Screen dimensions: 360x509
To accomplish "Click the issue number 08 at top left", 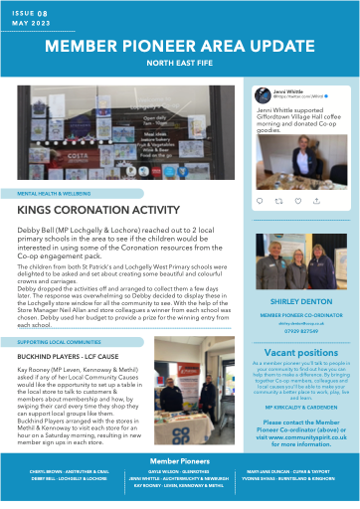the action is point(40,14).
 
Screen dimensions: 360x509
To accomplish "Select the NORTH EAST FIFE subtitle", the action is point(180,67).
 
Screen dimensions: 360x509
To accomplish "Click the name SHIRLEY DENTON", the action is point(300,299).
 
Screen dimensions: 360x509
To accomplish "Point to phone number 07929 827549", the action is point(300,330).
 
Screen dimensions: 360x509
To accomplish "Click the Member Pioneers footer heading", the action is point(179,462).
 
